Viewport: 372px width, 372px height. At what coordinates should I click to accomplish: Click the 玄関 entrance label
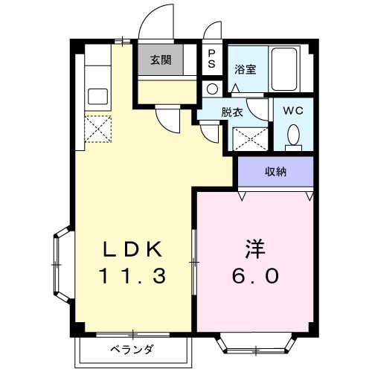(x=161, y=60)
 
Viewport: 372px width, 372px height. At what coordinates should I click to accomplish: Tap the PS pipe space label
(x=211, y=59)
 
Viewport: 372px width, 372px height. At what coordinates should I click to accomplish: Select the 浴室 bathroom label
(x=246, y=69)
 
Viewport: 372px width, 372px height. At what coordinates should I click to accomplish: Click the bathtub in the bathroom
(x=284, y=69)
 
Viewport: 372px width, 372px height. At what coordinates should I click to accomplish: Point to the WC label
(x=293, y=111)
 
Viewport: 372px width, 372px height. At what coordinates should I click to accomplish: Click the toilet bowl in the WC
(x=293, y=135)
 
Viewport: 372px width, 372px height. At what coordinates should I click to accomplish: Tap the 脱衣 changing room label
(x=232, y=112)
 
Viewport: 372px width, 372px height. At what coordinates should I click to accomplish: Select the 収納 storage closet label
(x=275, y=172)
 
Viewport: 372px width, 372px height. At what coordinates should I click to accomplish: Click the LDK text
(x=132, y=249)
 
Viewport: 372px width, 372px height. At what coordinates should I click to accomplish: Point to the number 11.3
(x=132, y=276)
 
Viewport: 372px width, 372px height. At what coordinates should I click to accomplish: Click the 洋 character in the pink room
(x=255, y=248)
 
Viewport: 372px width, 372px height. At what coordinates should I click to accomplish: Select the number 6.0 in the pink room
(x=255, y=276)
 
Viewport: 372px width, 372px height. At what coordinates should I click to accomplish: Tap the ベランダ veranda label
(x=132, y=350)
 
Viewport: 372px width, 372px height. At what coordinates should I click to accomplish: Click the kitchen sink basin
(x=98, y=97)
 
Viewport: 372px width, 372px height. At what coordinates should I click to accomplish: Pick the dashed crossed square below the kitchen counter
(x=98, y=129)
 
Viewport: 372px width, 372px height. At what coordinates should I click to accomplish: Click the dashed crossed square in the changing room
(x=251, y=139)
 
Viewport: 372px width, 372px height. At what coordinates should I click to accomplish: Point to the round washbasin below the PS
(x=212, y=89)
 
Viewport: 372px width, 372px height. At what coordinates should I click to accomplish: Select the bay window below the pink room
(x=255, y=344)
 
